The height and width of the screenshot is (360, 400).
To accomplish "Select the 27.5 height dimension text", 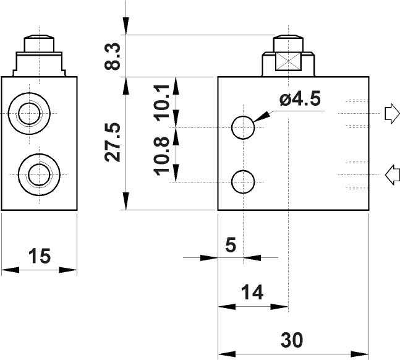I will click(113, 142).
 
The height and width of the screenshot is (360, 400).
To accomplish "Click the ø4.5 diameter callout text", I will click(300, 100).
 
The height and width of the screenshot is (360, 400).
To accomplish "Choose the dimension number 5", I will click(231, 245).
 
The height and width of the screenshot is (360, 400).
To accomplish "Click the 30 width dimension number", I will click(292, 340).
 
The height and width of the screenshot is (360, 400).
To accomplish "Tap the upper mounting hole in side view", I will click(243, 127).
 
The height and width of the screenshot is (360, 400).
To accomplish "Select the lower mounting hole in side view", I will click(243, 182).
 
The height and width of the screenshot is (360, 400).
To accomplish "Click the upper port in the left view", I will click(29, 113).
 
